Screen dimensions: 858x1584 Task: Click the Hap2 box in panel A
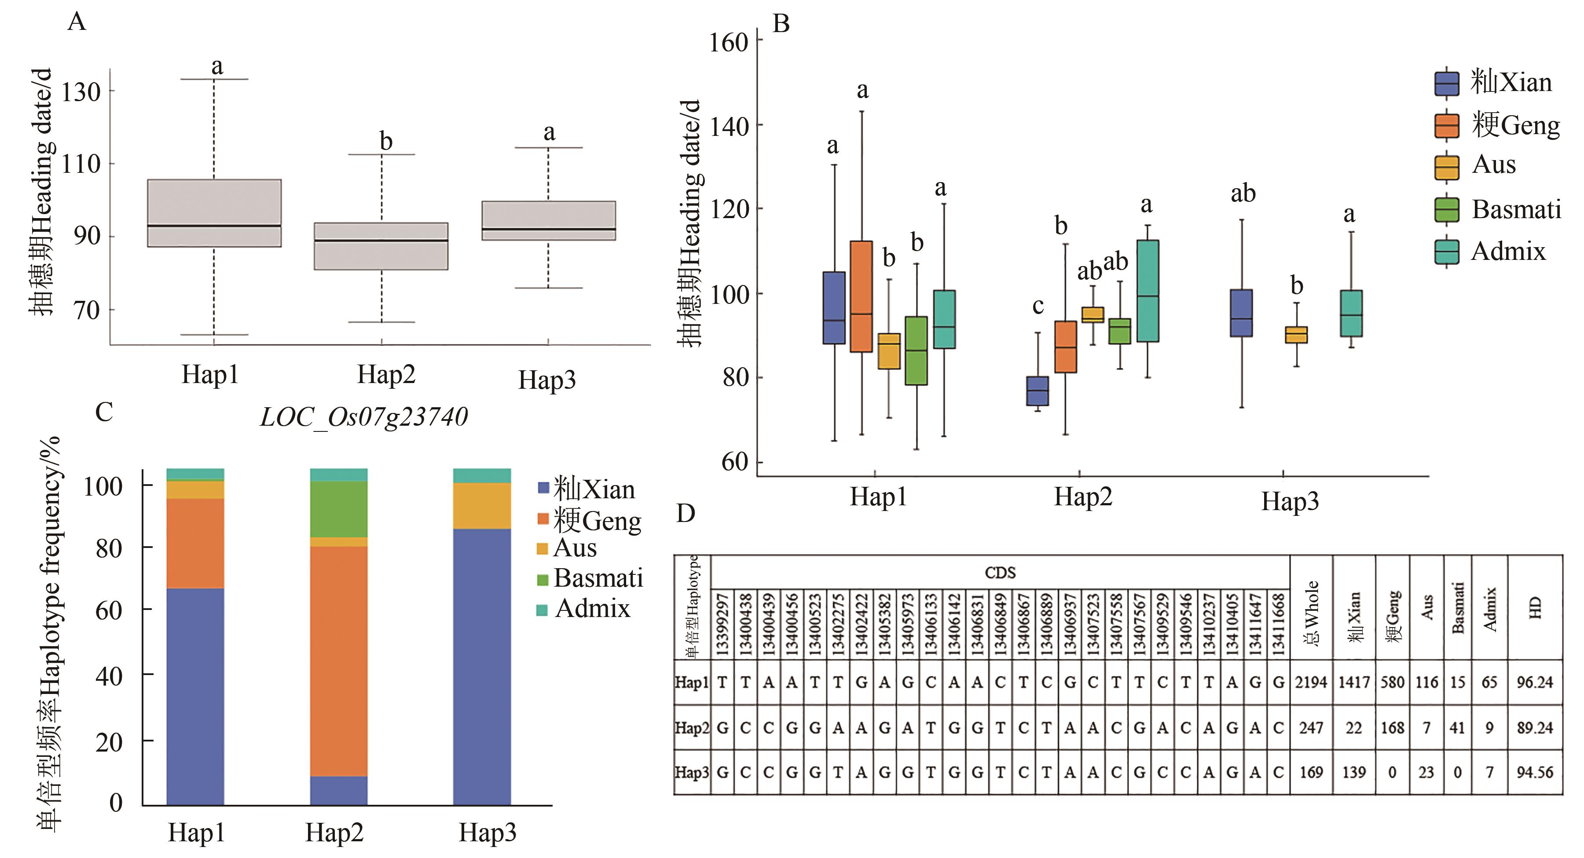coord(381,246)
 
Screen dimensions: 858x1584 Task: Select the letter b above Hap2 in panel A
coord(385,141)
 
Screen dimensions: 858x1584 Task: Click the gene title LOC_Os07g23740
coord(363,417)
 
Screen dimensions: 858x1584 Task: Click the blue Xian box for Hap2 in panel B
coord(1038,391)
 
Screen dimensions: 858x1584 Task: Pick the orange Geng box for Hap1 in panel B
coord(861,296)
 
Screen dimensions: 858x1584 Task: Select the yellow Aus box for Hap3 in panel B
coord(1296,334)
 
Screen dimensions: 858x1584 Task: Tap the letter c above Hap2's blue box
coord(1038,306)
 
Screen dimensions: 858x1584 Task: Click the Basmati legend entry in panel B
coord(1497,210)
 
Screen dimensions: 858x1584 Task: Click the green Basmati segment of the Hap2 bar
coord(338,509)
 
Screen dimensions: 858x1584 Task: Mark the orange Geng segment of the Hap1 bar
coord(195,543)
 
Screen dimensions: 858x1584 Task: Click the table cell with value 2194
coord(1311,682)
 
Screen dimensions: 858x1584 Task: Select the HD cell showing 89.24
coord(1534,728)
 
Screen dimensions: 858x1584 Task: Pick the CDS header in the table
coord(1000,573)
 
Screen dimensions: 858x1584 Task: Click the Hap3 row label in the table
coord(692,773)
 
